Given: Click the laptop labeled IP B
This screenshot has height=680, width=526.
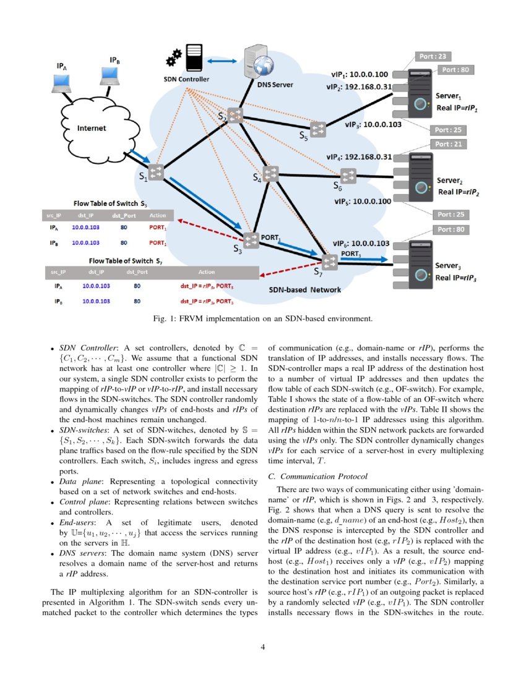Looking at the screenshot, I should click(110, 75).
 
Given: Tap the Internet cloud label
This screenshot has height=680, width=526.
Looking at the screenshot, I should click(91, 129).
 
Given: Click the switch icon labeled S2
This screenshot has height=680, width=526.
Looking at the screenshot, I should click(235, 115).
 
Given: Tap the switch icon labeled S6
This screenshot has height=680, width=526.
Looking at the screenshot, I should click(348, 175).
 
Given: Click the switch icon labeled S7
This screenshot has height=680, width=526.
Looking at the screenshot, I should click(329, 261).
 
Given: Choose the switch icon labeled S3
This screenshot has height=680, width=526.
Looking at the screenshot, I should click(251, 240).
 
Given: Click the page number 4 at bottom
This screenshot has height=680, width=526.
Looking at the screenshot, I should click(263, 647).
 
